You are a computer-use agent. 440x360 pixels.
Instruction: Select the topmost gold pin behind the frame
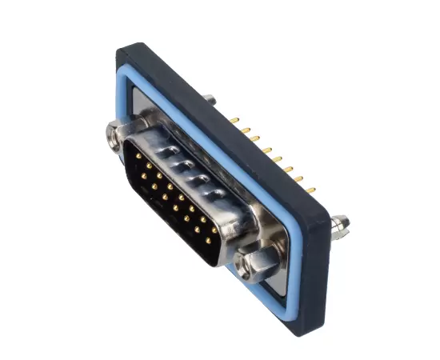[234, 121]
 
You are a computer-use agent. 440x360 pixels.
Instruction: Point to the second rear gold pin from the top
[245, 130]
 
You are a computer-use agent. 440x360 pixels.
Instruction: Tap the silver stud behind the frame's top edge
[209, 98]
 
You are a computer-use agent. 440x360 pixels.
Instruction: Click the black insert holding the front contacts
[172, 200]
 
